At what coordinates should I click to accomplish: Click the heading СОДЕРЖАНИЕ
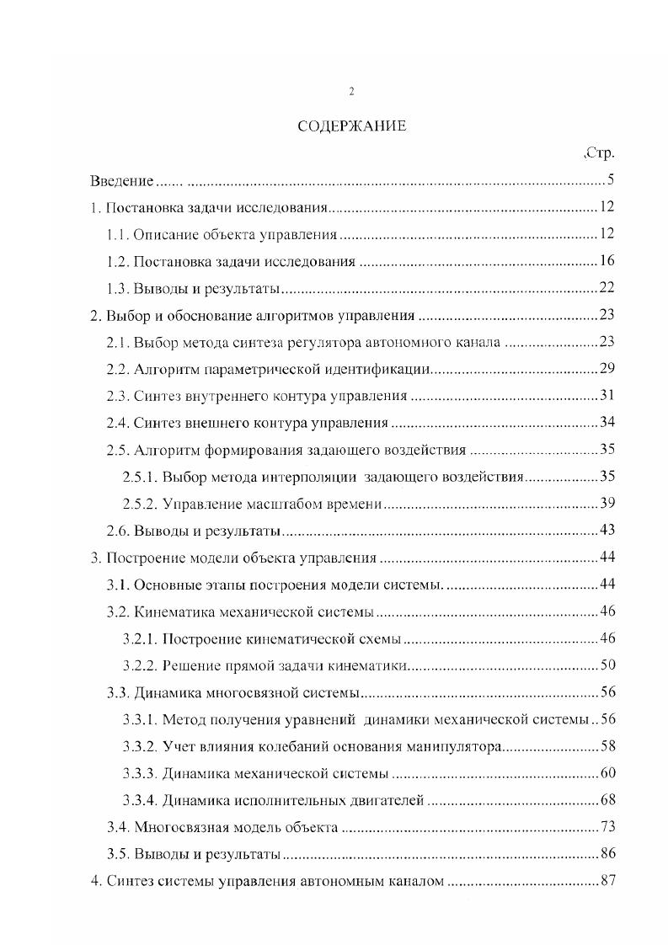[x=351, y=126]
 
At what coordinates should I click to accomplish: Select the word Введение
[x=122, y=181]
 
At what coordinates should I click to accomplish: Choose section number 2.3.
[x=119, y=396]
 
